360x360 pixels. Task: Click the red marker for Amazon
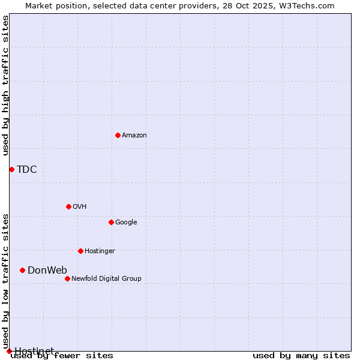click(x=118, y=135)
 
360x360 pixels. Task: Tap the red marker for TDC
click(x=11, y=169)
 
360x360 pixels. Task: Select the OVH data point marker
click(x=68, y=206)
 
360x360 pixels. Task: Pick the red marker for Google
click(x=111, y=222)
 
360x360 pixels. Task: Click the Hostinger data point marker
click(x=80, y=251)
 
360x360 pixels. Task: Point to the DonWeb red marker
click(x=22, y=270)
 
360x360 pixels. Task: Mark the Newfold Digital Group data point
click(x=67, y=278)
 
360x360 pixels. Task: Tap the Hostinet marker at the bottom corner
click(x=9, y=351)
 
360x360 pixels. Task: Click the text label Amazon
click(x=134, y=136)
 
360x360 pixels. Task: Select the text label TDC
click(x=27, y=170)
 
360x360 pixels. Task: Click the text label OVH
click(x=80, y=207)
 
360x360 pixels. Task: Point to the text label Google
click(x=126, y=223)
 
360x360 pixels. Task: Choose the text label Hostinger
click(x=100, y=251)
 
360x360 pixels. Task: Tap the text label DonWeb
click(x=47, y=271)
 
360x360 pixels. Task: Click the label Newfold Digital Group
click(x=106, y=278)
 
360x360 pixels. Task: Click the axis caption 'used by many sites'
click(x=301, y=356)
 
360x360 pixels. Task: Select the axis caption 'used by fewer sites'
click(x=62, y=356)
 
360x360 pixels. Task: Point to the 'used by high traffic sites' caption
click(x=6, y=85)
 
